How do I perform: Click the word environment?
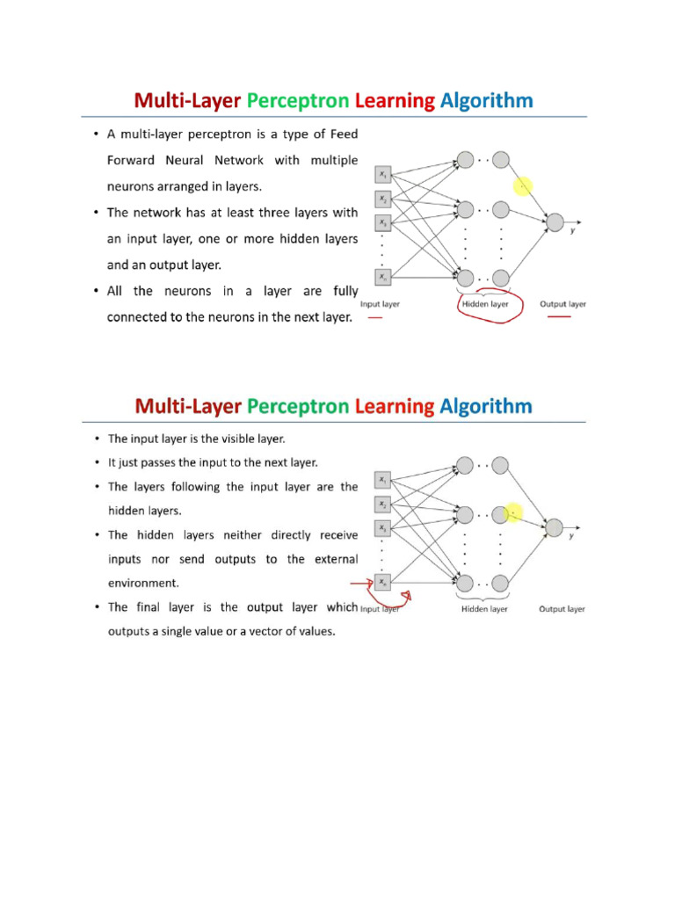[x=142, y=582]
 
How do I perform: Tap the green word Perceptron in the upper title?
[x=298, y=101]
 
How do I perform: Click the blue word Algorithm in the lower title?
[x=486, y=406]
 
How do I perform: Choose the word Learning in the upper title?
[x=395, y=101]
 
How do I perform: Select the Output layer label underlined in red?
[x=562, y=304]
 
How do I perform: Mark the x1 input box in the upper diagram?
[x=382, y=174]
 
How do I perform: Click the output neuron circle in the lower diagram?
[x=554, y=527]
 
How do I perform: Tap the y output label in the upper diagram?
[x=573, y=230]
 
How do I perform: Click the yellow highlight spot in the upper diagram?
[x=523, y=186]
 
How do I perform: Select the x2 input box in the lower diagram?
[x=382, y=504]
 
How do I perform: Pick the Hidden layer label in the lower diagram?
[x=485, y=608]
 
